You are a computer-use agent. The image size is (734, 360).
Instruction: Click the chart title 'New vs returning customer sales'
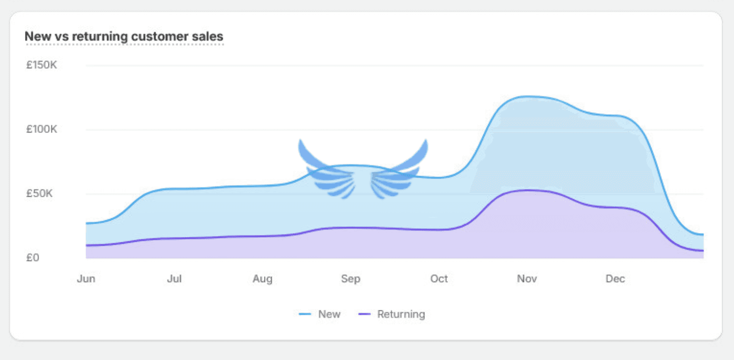(124, 36)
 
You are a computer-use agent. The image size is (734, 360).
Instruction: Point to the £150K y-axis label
(42, 65)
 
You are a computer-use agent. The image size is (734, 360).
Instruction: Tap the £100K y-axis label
(42, 129)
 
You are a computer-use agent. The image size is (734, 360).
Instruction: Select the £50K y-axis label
(39, 193)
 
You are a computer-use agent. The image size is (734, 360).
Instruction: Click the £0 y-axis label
(33, 257)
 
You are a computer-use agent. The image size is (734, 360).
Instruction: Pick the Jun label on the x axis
(86, 279)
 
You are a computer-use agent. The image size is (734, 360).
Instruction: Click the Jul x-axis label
(174, 279)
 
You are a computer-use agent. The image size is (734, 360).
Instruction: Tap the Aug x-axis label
(262, 279)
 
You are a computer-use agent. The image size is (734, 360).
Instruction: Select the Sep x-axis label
(351, 279)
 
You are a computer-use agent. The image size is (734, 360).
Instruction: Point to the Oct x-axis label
(439, 279)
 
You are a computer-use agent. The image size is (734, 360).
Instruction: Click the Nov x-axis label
(527, 279)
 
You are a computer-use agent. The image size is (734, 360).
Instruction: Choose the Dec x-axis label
(615, 279)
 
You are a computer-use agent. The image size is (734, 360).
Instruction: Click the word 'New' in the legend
(329, 314)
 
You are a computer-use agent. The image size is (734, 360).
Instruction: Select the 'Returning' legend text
(401, 314)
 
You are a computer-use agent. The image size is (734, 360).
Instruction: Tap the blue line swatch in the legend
(305, 314)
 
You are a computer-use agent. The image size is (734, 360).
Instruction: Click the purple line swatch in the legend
(365, 314)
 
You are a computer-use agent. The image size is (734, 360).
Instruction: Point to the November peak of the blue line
(529, 96)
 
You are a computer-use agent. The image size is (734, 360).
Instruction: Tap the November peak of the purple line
(527, 190)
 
